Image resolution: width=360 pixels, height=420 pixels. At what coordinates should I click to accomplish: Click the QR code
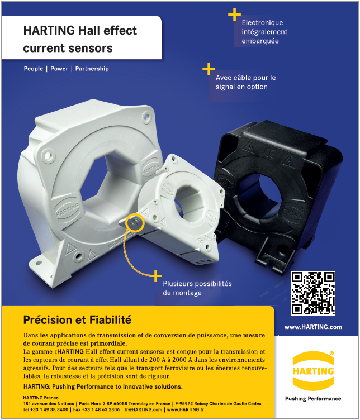[x=314, y=293]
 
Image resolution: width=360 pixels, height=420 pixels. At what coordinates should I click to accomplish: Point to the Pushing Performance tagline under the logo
[x=313, y=399]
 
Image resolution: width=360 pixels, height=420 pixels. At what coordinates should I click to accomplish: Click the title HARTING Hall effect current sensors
[x=80, y=39]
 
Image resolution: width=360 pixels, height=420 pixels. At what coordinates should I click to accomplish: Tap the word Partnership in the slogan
[x=92, y=69]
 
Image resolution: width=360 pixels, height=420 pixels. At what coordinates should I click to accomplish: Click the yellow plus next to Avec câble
[x=209, y=69]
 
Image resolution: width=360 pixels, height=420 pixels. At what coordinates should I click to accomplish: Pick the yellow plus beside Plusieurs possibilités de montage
[x=155, y=275]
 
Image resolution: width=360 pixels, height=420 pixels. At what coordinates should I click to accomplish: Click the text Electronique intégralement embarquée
[x=262, y=32]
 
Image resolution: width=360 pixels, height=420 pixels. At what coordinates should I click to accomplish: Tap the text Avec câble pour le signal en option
[x=246, y=82]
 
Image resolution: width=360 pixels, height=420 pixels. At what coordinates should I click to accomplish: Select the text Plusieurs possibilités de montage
[x=197, y=288]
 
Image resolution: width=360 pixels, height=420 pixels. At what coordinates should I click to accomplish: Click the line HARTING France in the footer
[x=41, y=397]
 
